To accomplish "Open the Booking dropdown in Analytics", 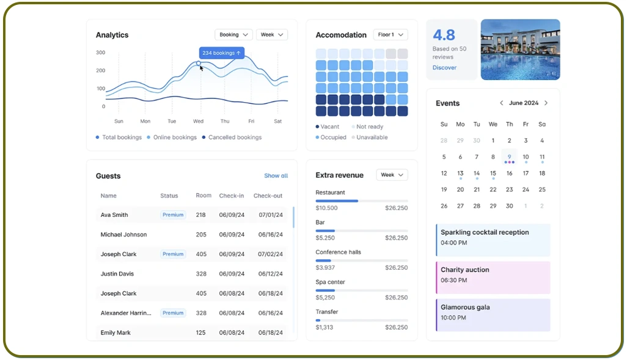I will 233,35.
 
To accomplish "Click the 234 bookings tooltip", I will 221,53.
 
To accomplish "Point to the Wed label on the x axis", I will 198,121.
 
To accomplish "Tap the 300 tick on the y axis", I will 101,53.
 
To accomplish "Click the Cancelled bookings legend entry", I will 235,138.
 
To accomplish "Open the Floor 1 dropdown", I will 390,35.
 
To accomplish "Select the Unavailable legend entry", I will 372,138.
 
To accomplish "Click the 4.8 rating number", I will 444,35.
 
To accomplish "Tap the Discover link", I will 444,68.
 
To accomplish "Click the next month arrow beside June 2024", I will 546,103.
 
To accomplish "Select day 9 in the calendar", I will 509,156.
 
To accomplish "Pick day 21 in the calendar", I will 477,189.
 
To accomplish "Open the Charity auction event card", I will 493,277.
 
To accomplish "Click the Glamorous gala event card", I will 493,315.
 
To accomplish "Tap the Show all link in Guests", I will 276,176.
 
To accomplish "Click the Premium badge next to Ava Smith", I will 173,215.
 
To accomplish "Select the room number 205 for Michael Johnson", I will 201,235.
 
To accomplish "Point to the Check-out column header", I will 268,196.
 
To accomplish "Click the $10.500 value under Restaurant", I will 326,208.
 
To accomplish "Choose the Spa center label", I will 330,282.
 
